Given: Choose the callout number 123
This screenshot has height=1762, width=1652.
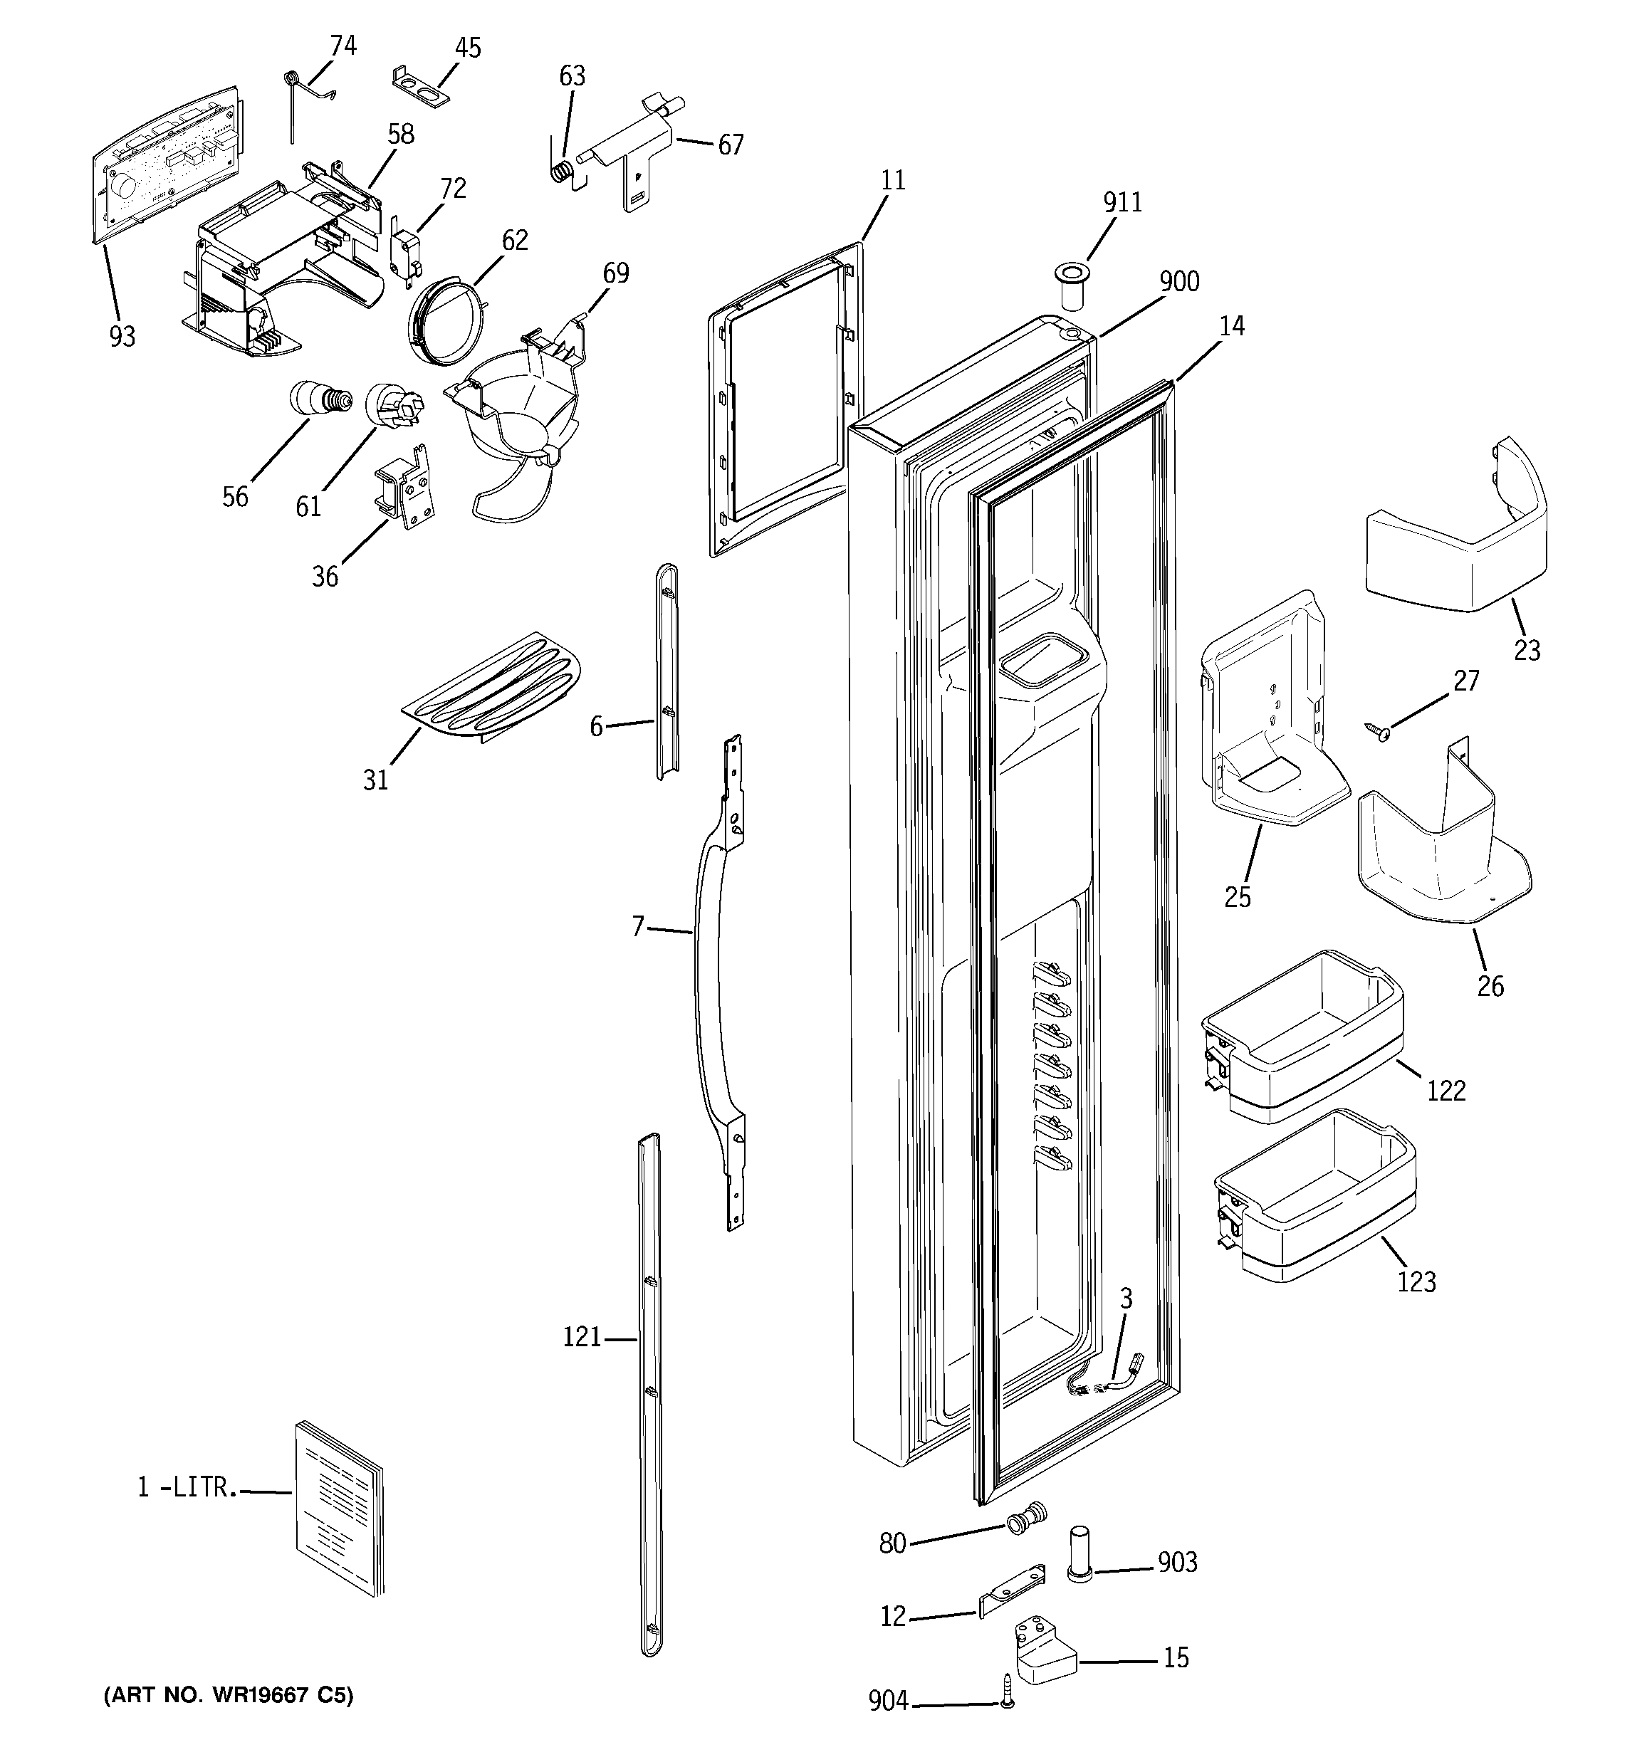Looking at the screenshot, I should tap(1416, 1281).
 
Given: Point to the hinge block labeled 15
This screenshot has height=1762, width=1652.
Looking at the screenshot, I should tap(1044, 1649).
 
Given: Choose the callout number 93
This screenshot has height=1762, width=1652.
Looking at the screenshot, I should tap(122, 337).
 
